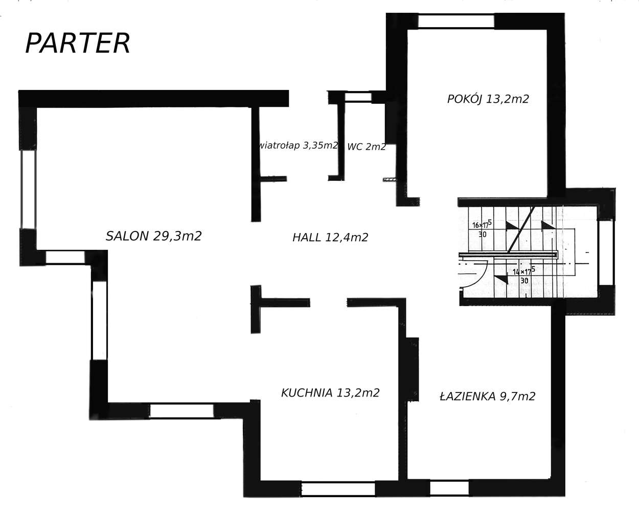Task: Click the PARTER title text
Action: pyautogui.click(x=78, y=43)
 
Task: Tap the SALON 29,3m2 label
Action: pyautogui.click(x=153, y=236)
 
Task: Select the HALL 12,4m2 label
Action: pyautogui.click(x=330, y=237)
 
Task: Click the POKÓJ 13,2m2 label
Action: pyautogui.click(x=488, y=99)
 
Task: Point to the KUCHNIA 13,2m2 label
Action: pyautogui.click(x=330, y=393)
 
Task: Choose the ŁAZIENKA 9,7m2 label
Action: pyautogui.click(x=487, y=396)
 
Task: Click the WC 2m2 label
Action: pyautogui.click(x=367, y=147)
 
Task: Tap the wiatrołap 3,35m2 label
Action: pyautogui.click(x=299, y=146)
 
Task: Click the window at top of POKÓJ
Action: pyautogui.click(x=456, y=21)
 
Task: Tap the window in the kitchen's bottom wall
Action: pyautogui.click(x=338, y=489)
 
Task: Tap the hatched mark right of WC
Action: pyautogui.click(x=390, y=179)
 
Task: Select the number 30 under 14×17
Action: pyautogui.click(x=524, y=281)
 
